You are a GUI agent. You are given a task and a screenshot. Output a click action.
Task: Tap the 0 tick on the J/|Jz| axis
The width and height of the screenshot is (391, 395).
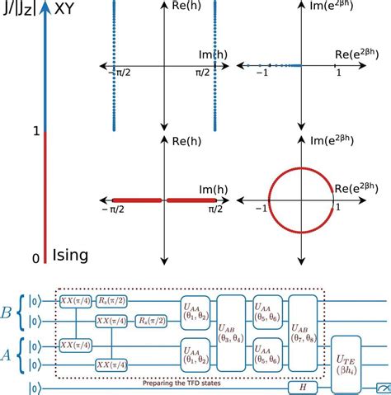point(35,259)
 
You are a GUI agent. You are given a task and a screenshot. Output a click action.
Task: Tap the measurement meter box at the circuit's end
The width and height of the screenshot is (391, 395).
point(381,387)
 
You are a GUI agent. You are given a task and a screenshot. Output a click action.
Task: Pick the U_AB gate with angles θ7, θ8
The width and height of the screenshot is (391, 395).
point(306,332)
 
